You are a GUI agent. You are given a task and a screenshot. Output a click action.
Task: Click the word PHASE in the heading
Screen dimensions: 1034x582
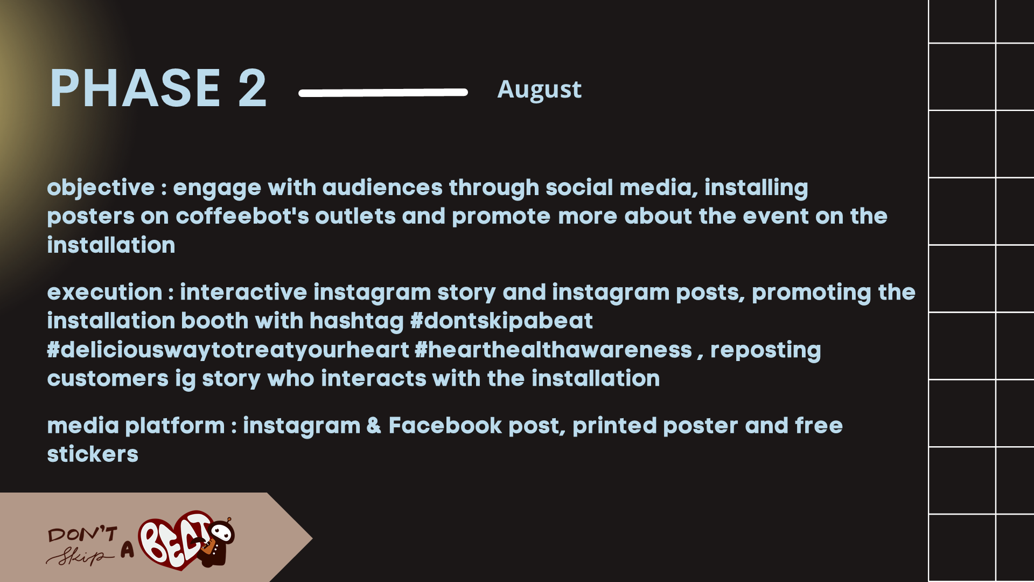[135, 88]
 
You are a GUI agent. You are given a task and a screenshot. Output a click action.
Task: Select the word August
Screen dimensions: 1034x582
[539, 89]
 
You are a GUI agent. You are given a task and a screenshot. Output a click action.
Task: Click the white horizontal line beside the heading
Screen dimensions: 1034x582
[383, 93]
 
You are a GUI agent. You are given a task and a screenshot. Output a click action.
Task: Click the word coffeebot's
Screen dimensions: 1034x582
[242, 216]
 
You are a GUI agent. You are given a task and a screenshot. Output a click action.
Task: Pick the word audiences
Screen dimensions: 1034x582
[382, 188]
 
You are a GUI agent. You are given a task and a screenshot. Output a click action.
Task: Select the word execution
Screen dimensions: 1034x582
[104, 293]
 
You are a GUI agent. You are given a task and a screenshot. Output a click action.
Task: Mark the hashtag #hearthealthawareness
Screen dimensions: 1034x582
[553, 350]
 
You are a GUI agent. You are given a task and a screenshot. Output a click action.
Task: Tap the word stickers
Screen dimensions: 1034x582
[93, 454]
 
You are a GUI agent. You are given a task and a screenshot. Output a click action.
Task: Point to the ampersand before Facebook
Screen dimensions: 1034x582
[374, 426]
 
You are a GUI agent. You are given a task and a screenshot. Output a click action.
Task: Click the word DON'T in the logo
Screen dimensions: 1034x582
[82, 534]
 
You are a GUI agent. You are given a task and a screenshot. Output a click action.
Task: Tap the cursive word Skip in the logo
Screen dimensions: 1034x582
[80, 556]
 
